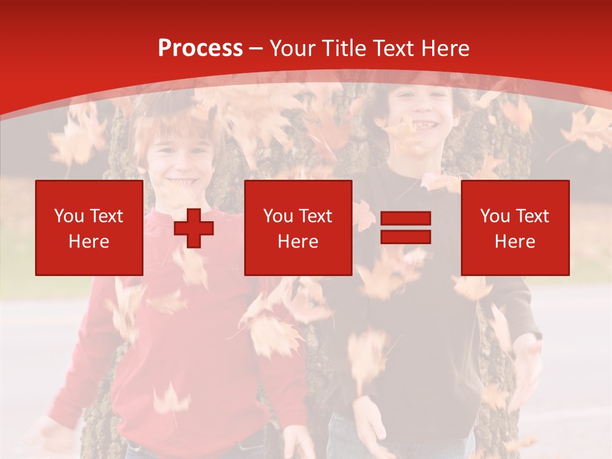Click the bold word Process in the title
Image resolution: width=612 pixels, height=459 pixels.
tap(200, 48)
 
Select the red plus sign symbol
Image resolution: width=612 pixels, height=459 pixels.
tap(194, 228)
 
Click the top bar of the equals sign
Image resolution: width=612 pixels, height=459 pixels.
tap(405, 219)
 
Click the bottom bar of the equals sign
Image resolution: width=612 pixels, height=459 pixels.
tap(405, 237)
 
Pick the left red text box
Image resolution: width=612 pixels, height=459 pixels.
tap(89, 228)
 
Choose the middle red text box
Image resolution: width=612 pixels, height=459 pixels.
tap(298, 228)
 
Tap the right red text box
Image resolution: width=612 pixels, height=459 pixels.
tap(515, 228)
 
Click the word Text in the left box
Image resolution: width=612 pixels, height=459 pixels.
tap(106, 216)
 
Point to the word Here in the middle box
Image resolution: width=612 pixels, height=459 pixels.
tap(298, 242)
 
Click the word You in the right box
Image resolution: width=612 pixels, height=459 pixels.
tap(495, 216)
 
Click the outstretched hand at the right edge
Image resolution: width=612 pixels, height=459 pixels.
tap(528, 357)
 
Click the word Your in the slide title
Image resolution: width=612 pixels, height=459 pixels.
tap(293, 48)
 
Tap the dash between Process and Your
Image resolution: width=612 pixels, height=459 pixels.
tap(256, 49)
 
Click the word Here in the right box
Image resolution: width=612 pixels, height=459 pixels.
tap(515, 242)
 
